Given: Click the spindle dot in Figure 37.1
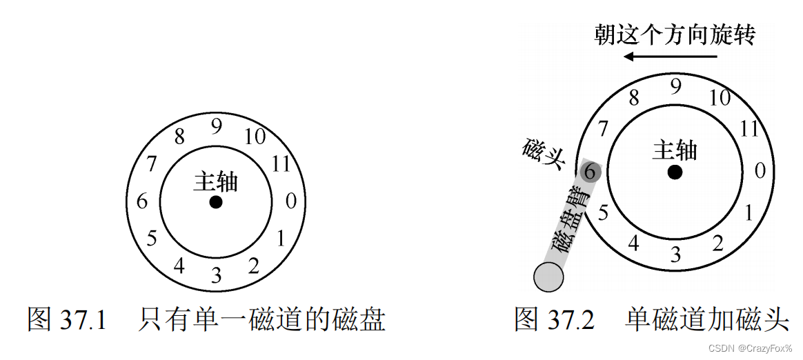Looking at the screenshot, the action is pos(216,202).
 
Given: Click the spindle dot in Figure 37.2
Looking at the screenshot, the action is pos(675,172).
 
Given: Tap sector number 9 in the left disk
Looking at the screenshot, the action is pos(217,127).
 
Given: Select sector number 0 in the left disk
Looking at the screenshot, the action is pos(291,201).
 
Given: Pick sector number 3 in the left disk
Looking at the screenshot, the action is pos(216,277).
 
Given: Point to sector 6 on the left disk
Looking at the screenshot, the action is pos(142,202).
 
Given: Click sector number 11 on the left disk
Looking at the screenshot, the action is pos(280,164).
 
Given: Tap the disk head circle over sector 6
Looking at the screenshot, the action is pos(590,172).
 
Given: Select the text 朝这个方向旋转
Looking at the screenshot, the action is pos(675,35).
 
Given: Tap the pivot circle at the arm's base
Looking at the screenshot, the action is pos(548,278).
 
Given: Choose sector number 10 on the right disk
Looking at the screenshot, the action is pos(719,98).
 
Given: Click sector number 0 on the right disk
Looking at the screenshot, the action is pos(760,170).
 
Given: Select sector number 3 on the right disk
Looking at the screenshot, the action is pos(675,254).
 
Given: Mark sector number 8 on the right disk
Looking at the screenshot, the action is pos(633,99).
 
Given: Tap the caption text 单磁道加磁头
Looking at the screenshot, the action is pos(707,320).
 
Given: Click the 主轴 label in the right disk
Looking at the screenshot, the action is pos(675,150).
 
